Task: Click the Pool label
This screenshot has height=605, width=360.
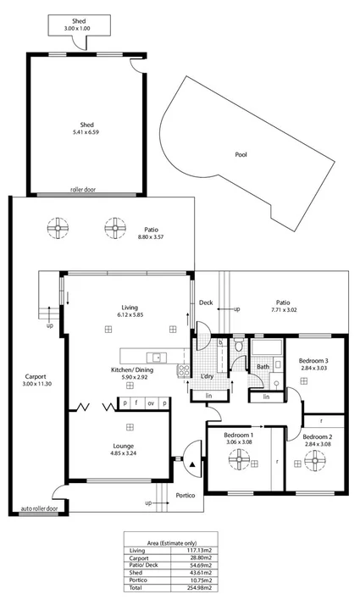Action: point(241,156)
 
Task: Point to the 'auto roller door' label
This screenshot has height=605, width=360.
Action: point(39,510)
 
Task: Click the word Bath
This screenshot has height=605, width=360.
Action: point(263,367)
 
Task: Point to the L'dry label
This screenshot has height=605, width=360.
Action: point(207,376)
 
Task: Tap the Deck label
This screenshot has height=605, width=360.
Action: point(206,302)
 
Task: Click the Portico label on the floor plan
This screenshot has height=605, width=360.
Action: point(186,494)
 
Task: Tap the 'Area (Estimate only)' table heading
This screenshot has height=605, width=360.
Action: point(180,541)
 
